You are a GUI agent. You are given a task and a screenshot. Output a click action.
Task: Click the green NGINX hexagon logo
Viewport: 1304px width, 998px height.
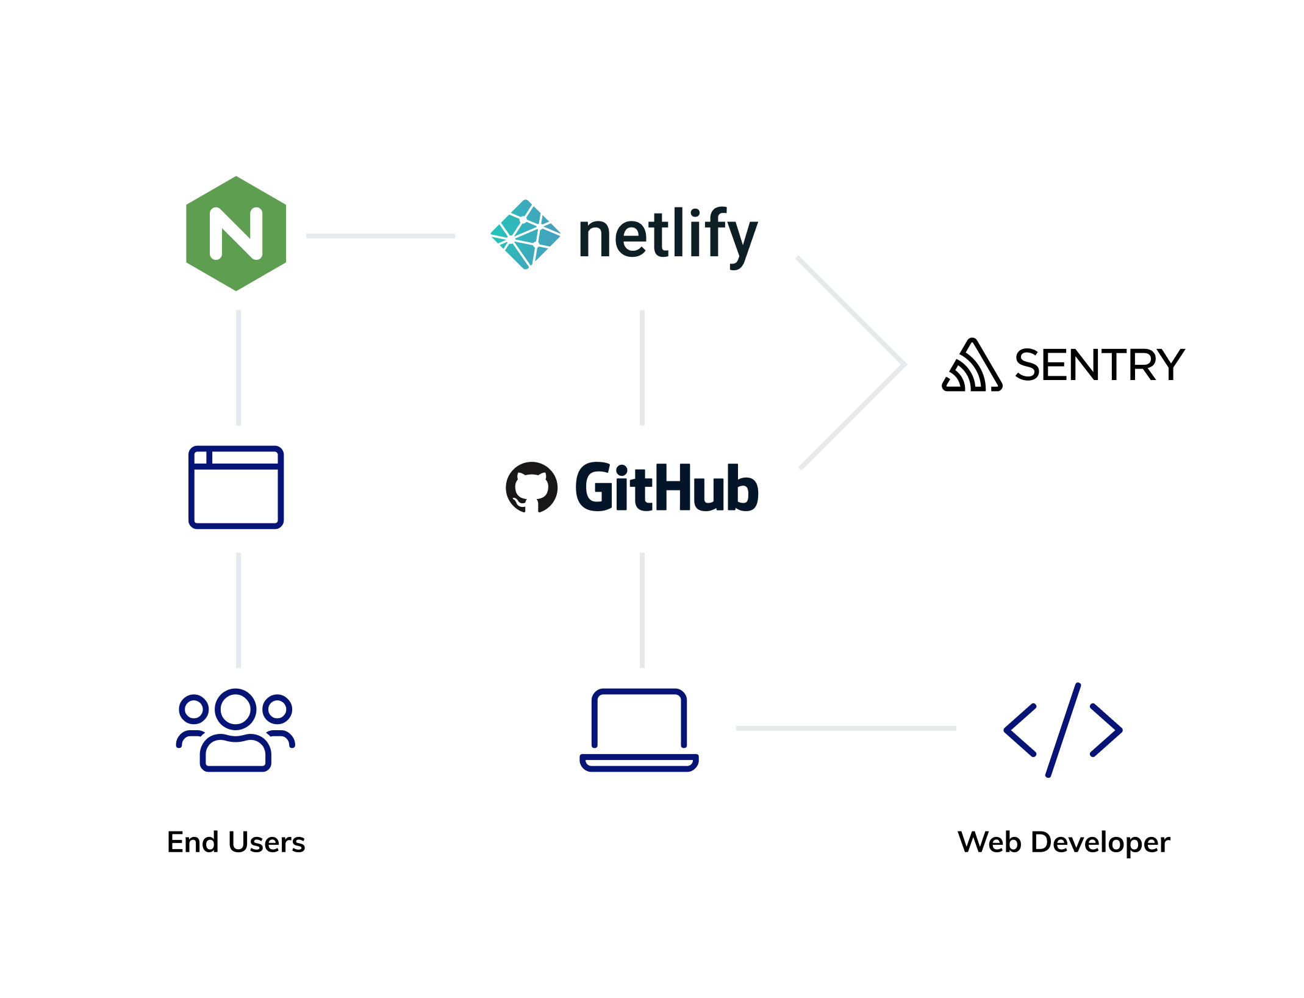[x=235, y=234]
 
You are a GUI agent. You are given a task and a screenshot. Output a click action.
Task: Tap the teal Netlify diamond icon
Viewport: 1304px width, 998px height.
[x=525, y=234]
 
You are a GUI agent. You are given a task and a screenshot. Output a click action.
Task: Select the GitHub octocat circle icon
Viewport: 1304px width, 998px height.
[x=531, y=487]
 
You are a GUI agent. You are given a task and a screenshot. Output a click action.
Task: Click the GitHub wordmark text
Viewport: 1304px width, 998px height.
[x=667, y=487]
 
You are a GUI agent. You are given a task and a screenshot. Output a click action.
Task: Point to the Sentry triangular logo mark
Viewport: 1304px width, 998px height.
[x=972, y=366]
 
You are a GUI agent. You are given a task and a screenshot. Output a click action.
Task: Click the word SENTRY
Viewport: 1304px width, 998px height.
[x=1099, y=365]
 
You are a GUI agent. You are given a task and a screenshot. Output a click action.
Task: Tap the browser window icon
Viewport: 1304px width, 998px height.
[x=236, y=487]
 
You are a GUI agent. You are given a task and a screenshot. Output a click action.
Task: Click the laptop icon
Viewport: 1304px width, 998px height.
[x=639, y=730]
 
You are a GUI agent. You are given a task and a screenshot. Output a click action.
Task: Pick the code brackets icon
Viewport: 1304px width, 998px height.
[x=1062, y=730]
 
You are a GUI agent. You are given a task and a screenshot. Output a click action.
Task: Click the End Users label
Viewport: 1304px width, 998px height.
[x=235, y=842]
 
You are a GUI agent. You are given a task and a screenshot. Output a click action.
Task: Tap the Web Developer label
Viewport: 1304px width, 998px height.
[x=1063, y=842]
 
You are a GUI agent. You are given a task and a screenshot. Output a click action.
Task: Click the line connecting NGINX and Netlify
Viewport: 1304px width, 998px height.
[x=380, y=235]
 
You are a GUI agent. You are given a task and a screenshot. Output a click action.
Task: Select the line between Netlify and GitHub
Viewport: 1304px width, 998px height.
[x=642, y=367]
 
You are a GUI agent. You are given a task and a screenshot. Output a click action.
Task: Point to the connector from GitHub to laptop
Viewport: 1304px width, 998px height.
[x=642, y=610]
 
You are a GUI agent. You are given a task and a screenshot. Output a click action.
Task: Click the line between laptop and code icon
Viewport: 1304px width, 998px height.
[x=845, y=728]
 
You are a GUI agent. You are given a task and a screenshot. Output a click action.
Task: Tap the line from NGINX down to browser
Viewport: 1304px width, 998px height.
[x=238, y=367]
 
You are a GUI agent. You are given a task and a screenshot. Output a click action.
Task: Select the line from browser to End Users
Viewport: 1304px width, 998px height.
[x=238, y=610]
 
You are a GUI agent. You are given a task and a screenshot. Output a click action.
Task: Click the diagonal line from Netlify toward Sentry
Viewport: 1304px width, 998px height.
[x=851, y=311]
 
